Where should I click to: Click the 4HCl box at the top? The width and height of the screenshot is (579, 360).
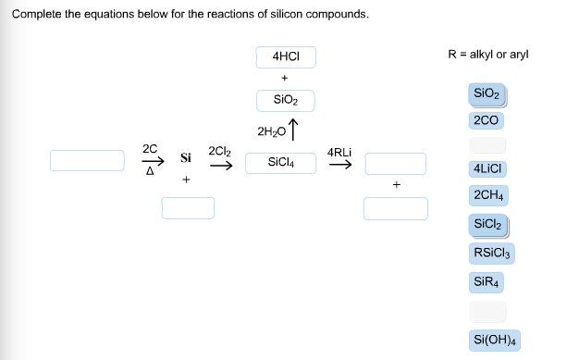pos(285,56)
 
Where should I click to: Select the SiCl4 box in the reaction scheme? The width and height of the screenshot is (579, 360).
pos(285,163)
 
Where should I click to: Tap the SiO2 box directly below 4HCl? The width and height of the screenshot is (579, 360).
pos(285,100)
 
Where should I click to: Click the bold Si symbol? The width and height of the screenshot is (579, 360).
pos(186,158)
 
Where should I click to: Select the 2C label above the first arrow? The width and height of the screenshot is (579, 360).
pos(150,148)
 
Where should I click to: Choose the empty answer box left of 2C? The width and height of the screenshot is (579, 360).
pos(87,161)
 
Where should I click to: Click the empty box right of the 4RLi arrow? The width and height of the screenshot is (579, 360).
pos(395,163)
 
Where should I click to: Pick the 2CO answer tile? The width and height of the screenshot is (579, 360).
pos(486,120)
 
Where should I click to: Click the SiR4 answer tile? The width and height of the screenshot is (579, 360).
pos(487,281)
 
